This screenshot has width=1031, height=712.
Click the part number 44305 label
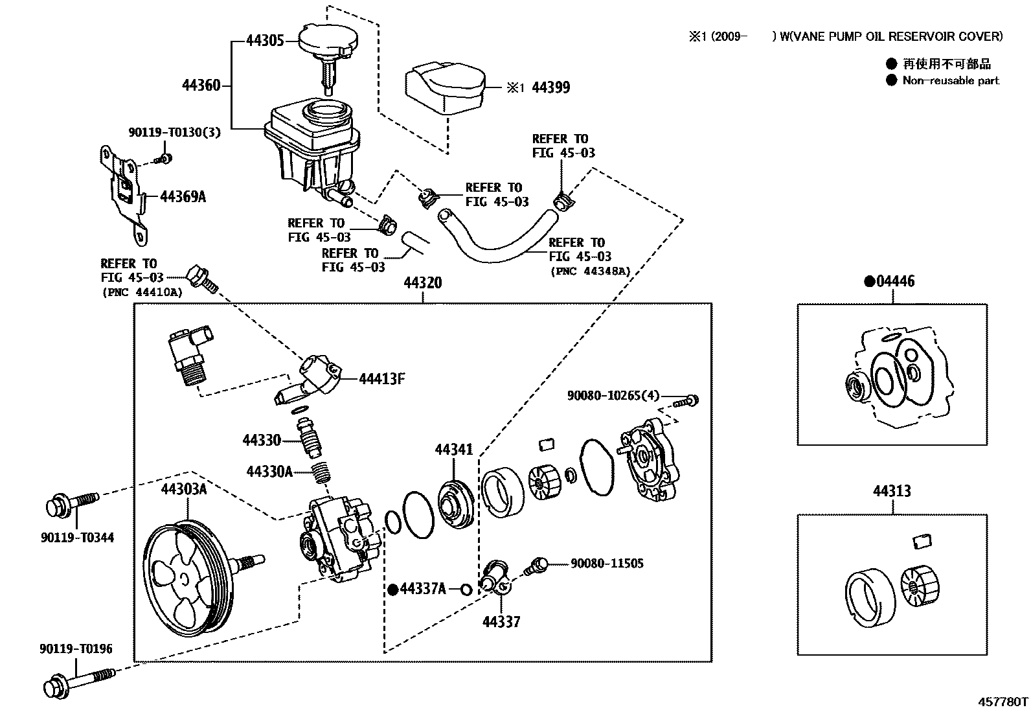[x=265, y=41]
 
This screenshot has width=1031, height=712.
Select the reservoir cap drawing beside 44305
[x=324, y=43]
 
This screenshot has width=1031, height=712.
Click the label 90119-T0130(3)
[x=174, y=132]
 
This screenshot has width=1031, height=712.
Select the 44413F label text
[x=382, y=379]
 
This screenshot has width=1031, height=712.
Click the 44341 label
[x=454, y=450]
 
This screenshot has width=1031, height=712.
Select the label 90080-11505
[x=607, y=564]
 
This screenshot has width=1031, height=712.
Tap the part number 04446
[x=895, y=281]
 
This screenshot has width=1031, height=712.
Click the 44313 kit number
[x=892, y=491]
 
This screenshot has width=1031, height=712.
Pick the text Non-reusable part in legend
[x=950, y=81]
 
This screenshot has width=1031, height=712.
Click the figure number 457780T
[x=1003, y=702]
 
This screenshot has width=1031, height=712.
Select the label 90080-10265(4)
[x=613, y=395]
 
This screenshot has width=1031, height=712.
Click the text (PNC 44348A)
[x=589, y=271]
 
